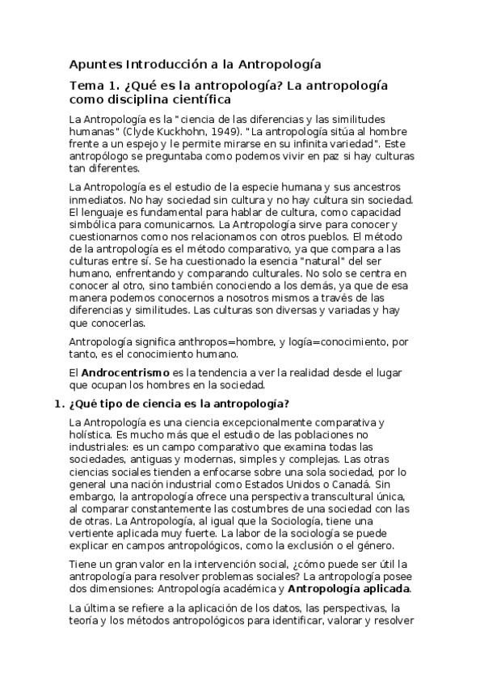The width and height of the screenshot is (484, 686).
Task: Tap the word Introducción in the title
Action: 169,64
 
